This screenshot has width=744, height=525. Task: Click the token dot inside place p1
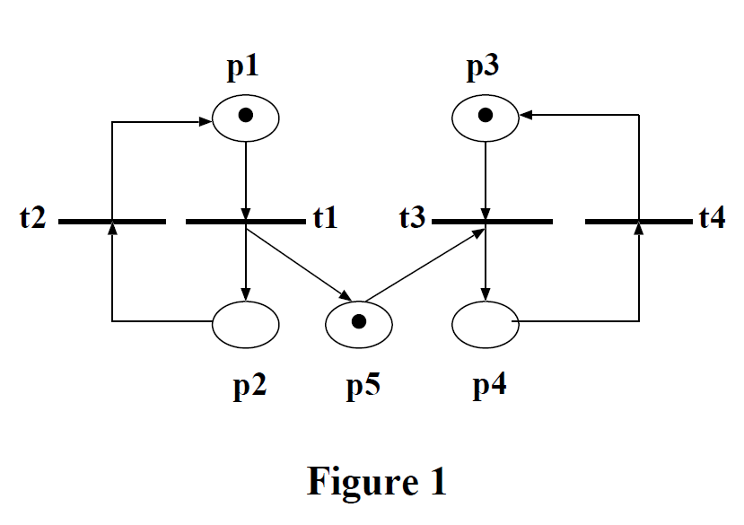(246, 115)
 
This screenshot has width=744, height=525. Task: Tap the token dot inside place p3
(486, 115)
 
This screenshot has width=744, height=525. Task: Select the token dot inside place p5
(359, 322)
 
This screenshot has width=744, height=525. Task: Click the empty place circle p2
(245, 323)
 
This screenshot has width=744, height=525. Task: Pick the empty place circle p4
(486, 323)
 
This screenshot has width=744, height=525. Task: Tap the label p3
(486, 67)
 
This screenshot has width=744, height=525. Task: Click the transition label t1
(324, 218)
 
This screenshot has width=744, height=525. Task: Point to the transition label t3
(413, 218)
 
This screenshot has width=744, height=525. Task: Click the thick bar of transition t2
(111, 220)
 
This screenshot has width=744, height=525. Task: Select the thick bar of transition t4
(638, 220)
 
